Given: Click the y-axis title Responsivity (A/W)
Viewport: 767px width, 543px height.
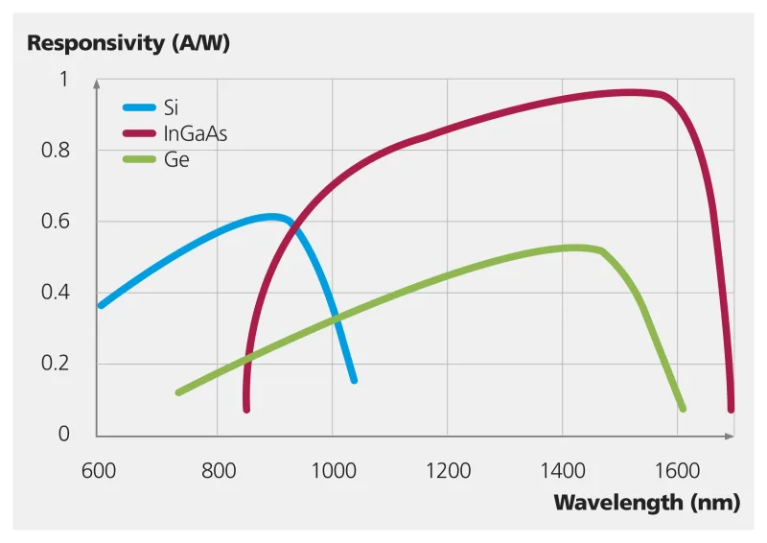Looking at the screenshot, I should point(128,43).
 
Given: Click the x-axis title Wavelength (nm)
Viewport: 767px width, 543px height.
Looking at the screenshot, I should point(647,502).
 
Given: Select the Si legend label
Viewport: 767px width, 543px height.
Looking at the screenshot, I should point(172,106).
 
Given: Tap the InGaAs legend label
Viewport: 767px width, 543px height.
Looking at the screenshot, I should point(196,133).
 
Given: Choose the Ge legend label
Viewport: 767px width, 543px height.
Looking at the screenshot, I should point(177,160).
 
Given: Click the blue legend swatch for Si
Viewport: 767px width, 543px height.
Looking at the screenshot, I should point(139,106).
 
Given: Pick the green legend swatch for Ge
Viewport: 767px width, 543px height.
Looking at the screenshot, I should point(139,160).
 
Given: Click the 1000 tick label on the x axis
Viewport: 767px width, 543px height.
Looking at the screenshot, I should point(332,470).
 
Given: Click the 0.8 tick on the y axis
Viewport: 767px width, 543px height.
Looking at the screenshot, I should point(59,151).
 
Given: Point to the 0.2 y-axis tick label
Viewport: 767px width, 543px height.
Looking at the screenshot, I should point(59,364).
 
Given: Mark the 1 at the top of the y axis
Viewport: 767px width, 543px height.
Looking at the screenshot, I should point(64,80).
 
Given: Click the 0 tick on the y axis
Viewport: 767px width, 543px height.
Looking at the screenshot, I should point(64,435).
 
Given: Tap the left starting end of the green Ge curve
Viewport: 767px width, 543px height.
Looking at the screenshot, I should point(178,391).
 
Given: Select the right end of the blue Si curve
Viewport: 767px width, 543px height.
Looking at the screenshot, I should point(354,380).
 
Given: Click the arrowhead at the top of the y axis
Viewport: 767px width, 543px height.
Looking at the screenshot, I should point(96,84).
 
